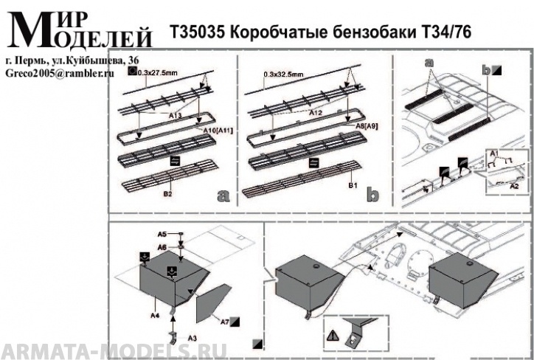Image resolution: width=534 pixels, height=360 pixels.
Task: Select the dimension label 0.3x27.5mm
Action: [157, 72]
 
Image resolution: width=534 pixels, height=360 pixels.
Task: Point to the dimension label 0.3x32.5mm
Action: [283, 75]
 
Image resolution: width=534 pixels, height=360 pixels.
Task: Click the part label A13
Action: [175, 116]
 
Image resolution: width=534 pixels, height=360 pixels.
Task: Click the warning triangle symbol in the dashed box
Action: [333, 335]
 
